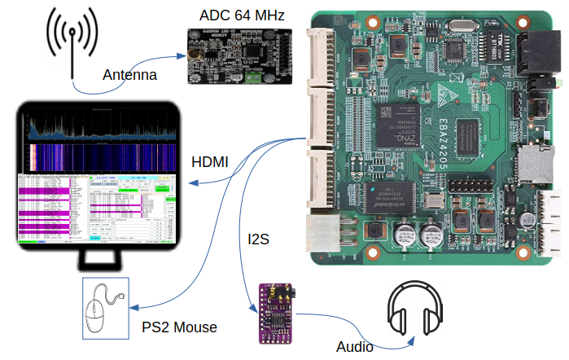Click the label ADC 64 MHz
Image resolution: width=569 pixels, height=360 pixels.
click(x=236, y=15)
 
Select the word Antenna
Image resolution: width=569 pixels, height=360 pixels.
click(x=129, y=76)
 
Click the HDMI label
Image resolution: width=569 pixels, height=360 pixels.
click(x=209, y=162)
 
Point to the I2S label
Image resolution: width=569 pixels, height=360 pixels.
click(x=259, y=240)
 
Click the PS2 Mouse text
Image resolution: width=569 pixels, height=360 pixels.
click(x=179, y=327)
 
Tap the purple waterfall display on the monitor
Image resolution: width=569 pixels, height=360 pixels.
click(x=98, y=156)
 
